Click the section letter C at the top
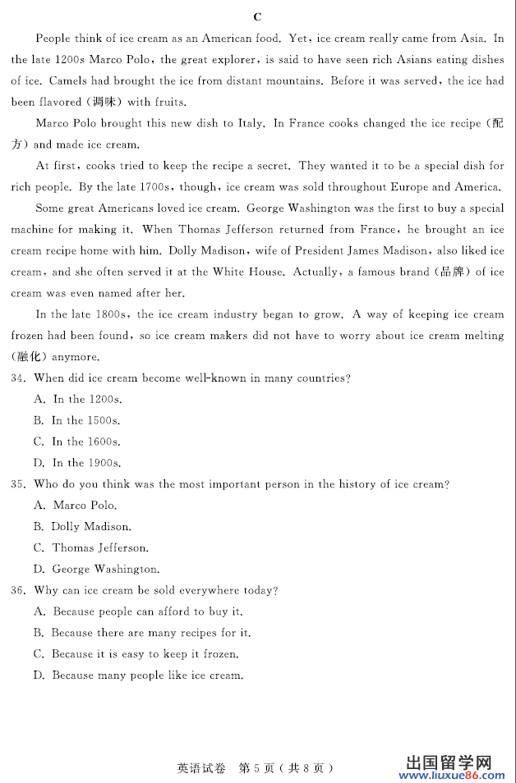pyautogui.click(x=257, y=16)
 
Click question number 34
pyautogui.click(x=19, y=378)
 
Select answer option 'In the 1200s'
pyautogui.click(x=86, y=400)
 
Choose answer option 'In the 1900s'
pyautogui.click(x=86, y=464)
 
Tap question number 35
pyautogui.click(x=19, y=484)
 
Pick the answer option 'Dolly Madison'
pyautogui.click(x=90, y=527)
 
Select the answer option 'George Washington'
pyautogui.click(x=105, y=570)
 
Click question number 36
pyautogui.click(x=19, y=591)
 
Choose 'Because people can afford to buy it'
pyautogui.click(x=147, y=612)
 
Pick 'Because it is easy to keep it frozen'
pyautogui.click(x=145, y=655)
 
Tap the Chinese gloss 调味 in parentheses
pyautogui.click(x=100, y=103)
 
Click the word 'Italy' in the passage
pyautogui.click(x=250, y=124)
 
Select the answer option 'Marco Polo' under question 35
pyautogui.click(x=84, y=506)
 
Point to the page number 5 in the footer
pyautogui.click(x=257, y=768)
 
